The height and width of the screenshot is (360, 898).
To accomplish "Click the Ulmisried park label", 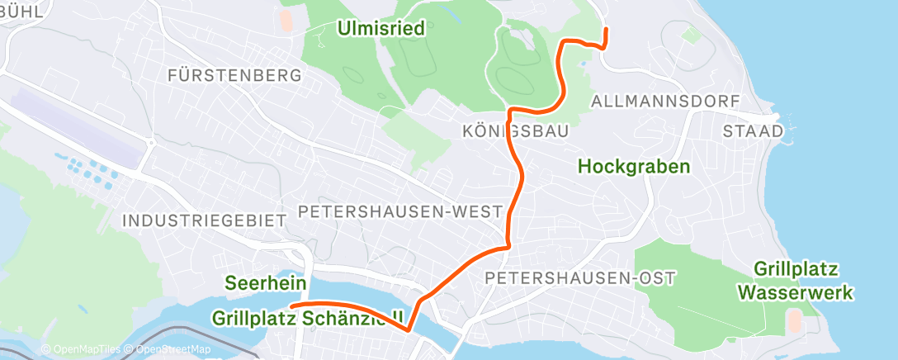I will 380,29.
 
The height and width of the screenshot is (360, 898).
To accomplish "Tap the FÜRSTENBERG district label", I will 234,76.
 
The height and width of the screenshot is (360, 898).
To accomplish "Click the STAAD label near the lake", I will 753,131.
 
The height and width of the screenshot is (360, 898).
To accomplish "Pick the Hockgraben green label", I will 634,166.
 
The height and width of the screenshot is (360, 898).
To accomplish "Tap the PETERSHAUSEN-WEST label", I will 400,211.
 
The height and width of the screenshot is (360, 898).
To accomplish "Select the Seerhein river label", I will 266,283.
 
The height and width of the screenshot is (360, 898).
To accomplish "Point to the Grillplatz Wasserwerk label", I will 796,281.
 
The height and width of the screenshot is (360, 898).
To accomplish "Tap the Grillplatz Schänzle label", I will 307,318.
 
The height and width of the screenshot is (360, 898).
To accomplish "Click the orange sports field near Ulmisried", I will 286,19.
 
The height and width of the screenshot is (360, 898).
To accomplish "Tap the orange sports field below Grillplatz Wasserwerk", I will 794,320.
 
